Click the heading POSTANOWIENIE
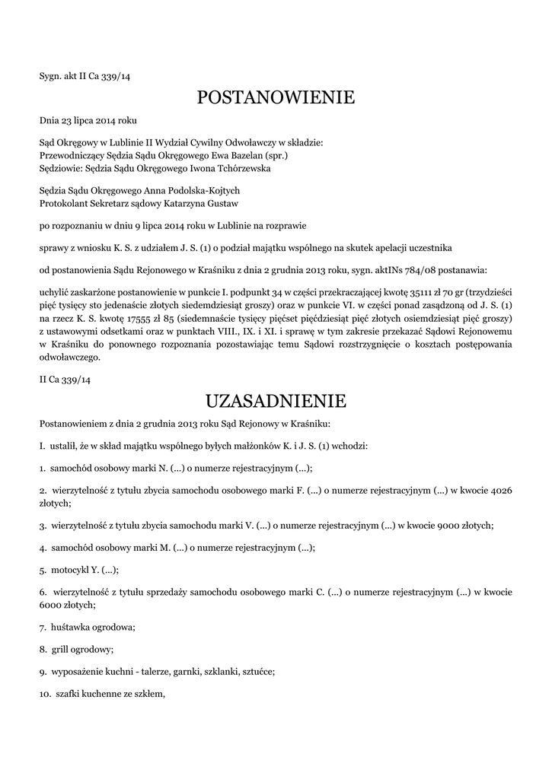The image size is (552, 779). pyautogui.click(x=276, y=97)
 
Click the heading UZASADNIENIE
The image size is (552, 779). pyautogui.click(x=276, y=400)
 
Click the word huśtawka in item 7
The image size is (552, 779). pyautogui.click(x=72, y=628)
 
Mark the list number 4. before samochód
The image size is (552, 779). pyautogui.click(x=43, y=547)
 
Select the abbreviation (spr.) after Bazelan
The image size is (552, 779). pyautogui.click(x=277, y=155)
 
